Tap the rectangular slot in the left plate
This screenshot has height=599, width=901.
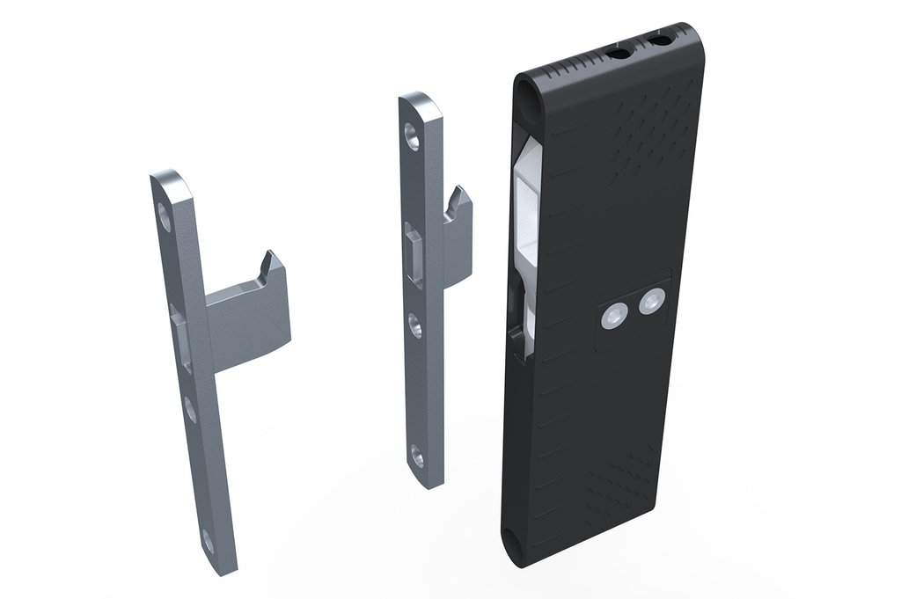pyautogui.click(x=182, y=339)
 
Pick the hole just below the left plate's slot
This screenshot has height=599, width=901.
pyautogui.click(x=190, y=408)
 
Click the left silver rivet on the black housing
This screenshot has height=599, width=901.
pyautogui.click(x=613, y=316)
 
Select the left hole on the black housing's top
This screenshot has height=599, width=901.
pyautogui.click(x=619, y=54)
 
